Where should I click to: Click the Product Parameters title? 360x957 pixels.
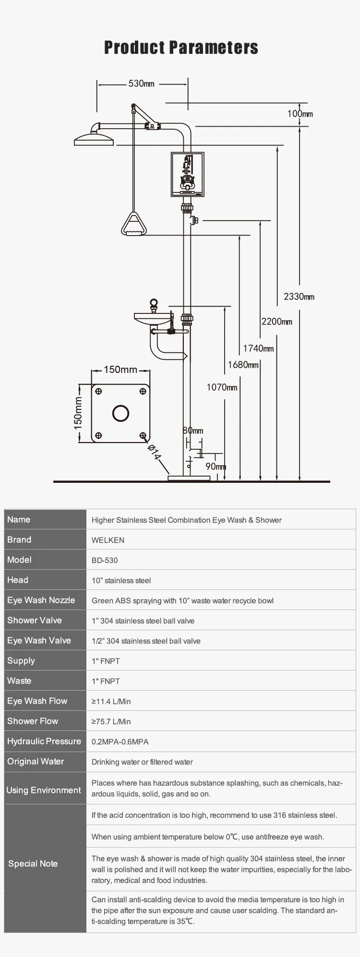(181, 48)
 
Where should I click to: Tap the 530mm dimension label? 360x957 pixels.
(141, 84)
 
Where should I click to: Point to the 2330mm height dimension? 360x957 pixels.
(299, 297)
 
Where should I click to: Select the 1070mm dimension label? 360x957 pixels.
(222, 387)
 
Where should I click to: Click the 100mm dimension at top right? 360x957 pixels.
(300, 114)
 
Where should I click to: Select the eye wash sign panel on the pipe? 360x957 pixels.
(188, 174)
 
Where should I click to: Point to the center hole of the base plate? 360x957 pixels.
(120, 413)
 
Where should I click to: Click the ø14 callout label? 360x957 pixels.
(154, 453)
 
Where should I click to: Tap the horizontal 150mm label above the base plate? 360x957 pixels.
(120, 370)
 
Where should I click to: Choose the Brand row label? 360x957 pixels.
(19, 539)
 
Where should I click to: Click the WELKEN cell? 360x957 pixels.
(108, 540)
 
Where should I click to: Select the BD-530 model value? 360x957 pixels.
(105, 560)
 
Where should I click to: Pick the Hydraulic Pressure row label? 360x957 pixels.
(44, 741)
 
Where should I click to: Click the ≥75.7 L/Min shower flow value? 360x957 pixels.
(111, 721)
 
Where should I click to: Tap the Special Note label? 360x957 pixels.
(33, 863)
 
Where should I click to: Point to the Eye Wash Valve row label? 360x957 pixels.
(39, 640)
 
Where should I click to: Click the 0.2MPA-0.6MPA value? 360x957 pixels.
(120, 742)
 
